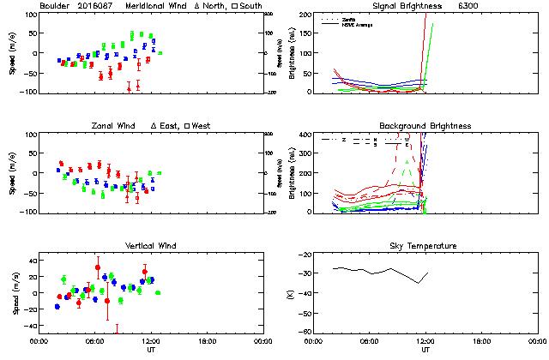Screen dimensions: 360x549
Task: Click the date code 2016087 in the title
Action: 96,6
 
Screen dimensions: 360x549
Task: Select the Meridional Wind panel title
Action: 158,6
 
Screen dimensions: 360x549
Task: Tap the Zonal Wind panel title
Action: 113,126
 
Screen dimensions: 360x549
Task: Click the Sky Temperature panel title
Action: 425,246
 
